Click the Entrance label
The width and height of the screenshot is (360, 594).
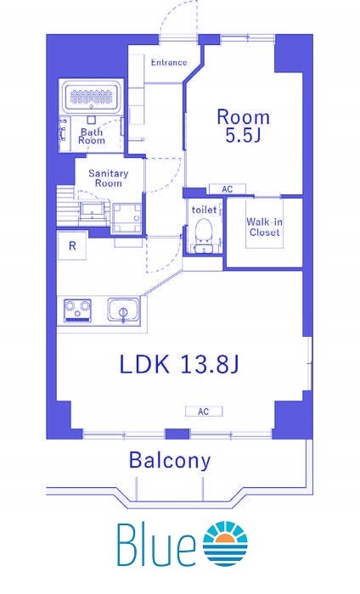(169, 62)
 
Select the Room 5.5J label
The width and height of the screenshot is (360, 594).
(243, 126)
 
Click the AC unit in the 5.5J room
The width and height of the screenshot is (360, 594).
(228, 188)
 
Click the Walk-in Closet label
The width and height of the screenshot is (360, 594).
(264, 227)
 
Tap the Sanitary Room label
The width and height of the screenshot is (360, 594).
(109, 178)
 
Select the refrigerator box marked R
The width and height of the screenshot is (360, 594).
(72, 245)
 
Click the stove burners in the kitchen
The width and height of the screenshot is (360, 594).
(77, 311)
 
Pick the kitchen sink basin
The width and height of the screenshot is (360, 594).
(122, 310)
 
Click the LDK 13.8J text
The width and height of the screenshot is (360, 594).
(179, 364)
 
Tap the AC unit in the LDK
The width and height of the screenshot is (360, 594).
(204, 412)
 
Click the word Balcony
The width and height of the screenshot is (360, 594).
(170, 461)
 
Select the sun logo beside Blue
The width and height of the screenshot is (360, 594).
(225, 544)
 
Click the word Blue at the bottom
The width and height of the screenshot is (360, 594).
(156, 545)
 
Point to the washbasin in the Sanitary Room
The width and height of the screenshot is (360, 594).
(92, 211)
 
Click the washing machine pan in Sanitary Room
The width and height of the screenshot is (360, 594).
(127, 218)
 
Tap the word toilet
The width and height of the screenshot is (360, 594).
(205, 210)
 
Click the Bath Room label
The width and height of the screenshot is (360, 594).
(92, 137)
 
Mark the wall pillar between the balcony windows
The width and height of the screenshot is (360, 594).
(177, 434)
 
